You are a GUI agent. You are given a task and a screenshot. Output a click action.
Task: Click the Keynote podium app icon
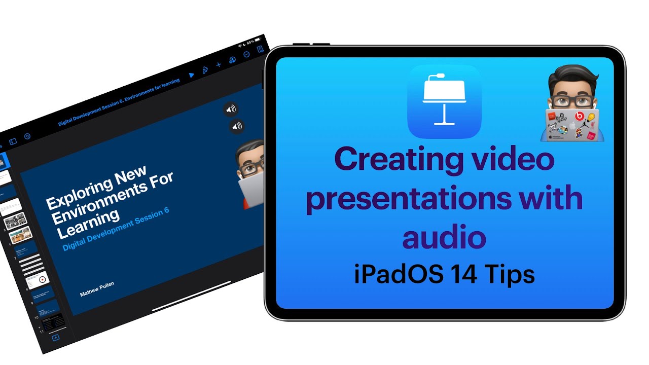(x=444, y=101)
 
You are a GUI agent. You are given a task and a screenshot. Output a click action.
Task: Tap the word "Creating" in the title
(x=399, y=160)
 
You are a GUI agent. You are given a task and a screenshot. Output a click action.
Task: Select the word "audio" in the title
(x=444, y=238)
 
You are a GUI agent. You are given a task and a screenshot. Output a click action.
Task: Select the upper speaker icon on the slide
(x=231, y=109)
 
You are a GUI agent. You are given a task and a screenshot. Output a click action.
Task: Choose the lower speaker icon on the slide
(x=237, y=127)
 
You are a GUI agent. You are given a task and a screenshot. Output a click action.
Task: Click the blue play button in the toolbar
(x=191, y=75)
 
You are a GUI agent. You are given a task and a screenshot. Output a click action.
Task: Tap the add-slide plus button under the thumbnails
(x=56, y=338)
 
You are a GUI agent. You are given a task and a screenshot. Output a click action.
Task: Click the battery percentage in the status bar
(x=250, y=43)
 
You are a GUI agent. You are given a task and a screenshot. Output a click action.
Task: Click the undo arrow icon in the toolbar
(x=27, y=136)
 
